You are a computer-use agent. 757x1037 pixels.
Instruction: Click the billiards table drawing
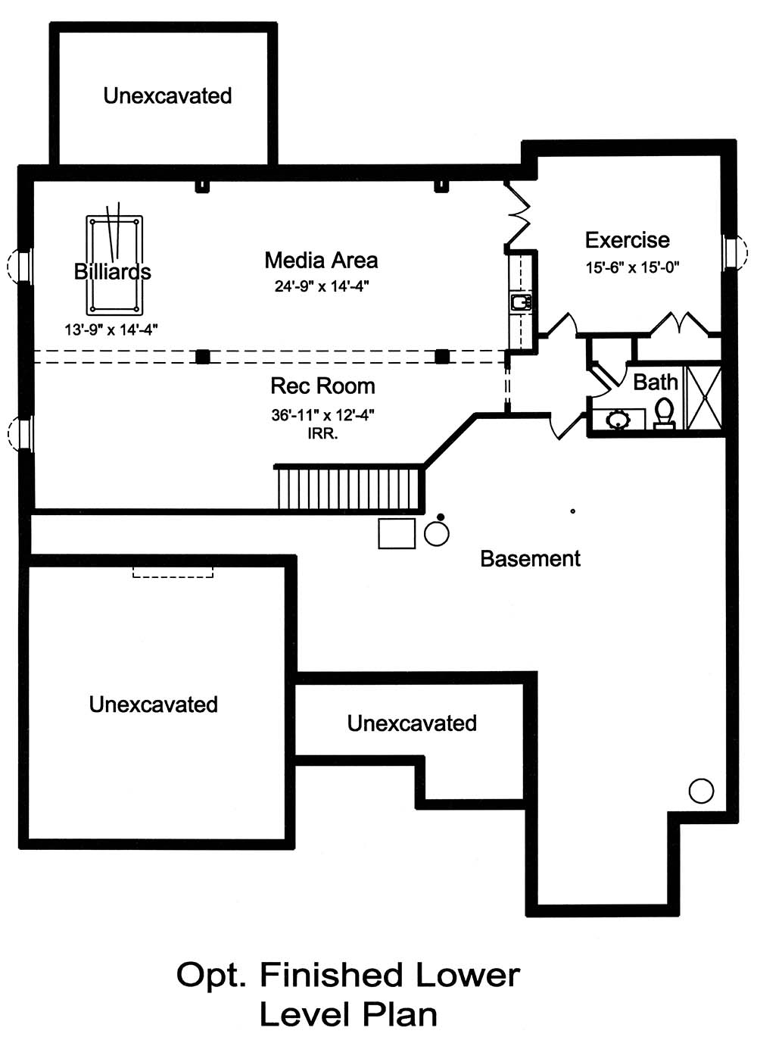(x=114, y=264)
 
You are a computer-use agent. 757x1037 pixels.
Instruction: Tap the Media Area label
(x=321, y=261)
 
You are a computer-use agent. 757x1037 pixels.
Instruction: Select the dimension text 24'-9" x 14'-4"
(x=321, y=286)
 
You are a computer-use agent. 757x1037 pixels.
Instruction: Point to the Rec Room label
(x=322, y=386)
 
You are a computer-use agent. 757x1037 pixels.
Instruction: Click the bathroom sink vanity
(x=618, y=419)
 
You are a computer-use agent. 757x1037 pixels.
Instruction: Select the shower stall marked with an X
(x=703, y=398)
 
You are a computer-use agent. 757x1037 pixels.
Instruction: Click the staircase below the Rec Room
(x=348, y=489)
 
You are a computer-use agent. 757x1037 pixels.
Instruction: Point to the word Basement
(x=530, y=559)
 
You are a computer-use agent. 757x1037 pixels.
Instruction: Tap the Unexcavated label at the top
(x=167, y=96)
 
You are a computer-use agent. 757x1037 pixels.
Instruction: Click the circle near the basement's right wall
(x=701, y=791)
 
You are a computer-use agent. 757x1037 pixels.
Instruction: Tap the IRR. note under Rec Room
(x=322, y=434)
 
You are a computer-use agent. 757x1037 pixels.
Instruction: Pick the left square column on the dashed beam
(x=202, y=356)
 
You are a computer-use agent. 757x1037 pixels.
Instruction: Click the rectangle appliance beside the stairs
(x=397, y=533)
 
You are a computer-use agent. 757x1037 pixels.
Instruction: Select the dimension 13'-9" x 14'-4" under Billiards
(x=111, y=330)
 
